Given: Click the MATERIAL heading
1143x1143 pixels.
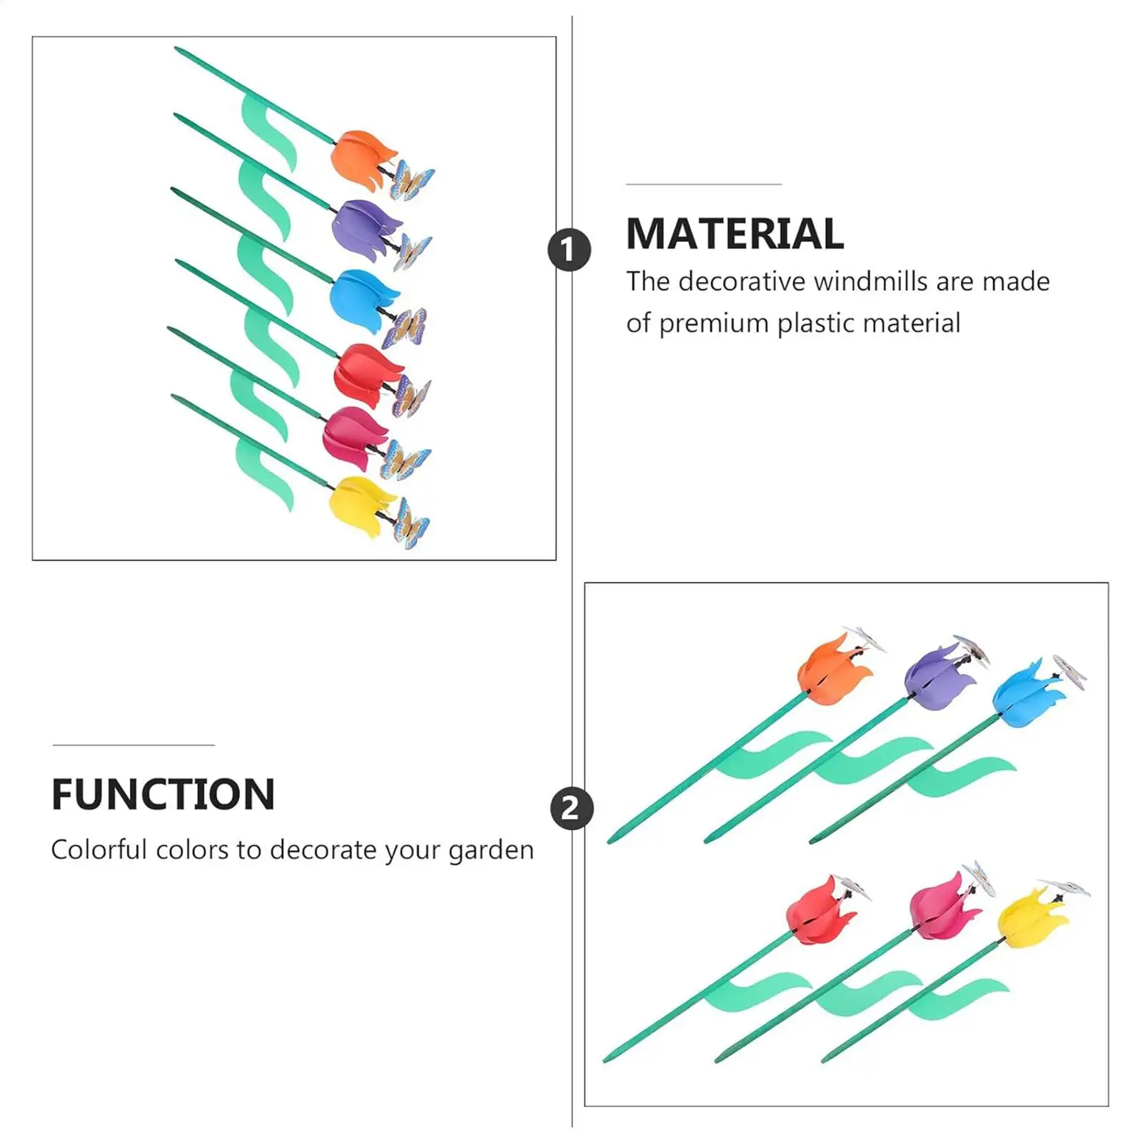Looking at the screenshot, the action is [735, 233].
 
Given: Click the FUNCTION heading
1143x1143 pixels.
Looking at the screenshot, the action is [163, 794].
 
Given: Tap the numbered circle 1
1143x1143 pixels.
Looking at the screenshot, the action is [569, 250].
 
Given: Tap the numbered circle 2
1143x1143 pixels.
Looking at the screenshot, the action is [571, 808].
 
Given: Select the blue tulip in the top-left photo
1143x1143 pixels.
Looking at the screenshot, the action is [363, 298].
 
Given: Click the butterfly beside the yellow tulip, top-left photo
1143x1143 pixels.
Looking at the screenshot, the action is [411, 523].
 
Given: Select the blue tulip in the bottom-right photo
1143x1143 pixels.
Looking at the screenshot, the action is [1025, 693].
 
